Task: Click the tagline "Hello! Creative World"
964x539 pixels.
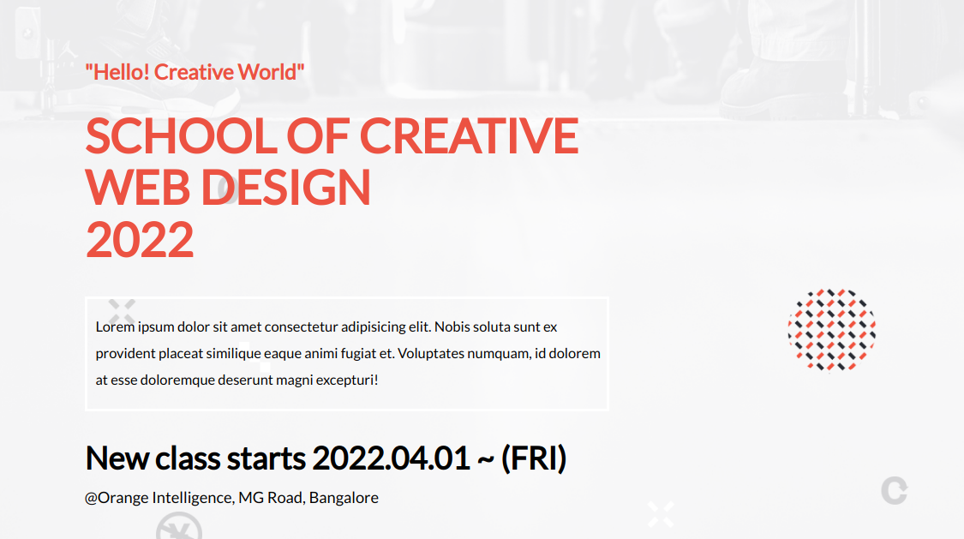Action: [195, 72]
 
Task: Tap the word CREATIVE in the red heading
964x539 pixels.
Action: [469, 135]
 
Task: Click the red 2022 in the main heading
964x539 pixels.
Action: [140, 240]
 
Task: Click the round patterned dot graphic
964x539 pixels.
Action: [831, 330]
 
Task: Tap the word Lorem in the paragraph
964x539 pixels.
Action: [115, 327]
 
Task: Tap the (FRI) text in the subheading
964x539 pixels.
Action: [534, 458]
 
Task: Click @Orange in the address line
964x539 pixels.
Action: [116, 498]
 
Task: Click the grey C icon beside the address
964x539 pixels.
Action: [894, 491]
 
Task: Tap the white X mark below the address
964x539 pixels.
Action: [661, 514]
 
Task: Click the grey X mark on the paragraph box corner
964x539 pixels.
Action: [122, 310]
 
